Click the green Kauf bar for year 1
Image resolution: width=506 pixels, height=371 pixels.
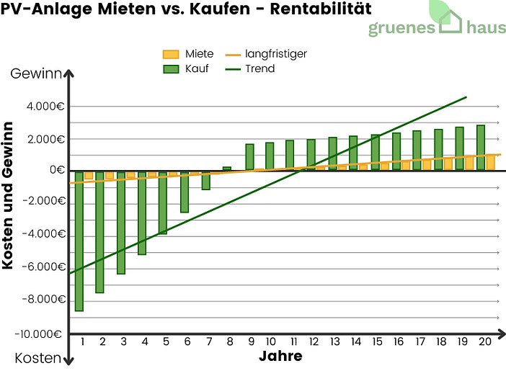(x=79, y=241)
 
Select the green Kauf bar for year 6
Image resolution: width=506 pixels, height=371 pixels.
(x=185, y=192)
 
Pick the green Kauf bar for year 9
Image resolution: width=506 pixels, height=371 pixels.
(x=249, y=157)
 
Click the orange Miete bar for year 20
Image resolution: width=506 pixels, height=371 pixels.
(x=491, y=162)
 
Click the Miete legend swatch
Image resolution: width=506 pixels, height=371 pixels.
(x=171, y=54)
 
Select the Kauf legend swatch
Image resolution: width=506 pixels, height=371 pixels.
(x=171, y=69)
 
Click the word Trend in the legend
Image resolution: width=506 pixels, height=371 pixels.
(x=260, y=69)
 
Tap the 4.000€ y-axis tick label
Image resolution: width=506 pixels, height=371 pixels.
(x=46, y=107)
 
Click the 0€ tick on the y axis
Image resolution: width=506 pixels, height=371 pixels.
(x=56, y=171)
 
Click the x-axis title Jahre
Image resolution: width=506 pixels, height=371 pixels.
(x=280, y=357)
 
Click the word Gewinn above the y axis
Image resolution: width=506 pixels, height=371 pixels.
(x=35, y=73)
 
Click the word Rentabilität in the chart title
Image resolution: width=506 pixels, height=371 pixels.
(x=315, y=10)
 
